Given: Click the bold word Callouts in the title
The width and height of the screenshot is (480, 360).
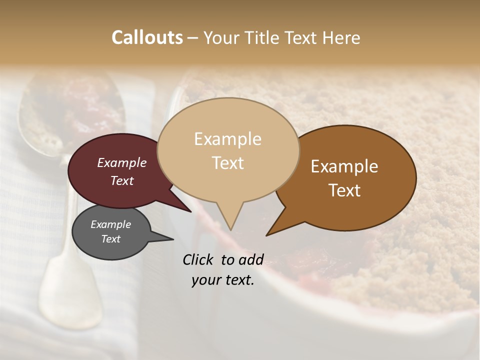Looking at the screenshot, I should (x=147, y=37).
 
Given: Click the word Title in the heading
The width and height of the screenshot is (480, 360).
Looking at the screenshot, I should (x=263, y=37).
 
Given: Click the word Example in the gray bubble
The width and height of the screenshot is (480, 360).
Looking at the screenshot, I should (x=110, y=224).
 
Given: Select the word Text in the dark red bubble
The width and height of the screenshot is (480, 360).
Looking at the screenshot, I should (x=122, y=180).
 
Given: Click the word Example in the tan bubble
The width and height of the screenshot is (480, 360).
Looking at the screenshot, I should (x=227, y=139).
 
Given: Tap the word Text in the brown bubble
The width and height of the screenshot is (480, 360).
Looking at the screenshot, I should (x=345, y=190).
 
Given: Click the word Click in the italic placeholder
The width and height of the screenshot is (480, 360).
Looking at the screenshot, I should (x=198, y=259).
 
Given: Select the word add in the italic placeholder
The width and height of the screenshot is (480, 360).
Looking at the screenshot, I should (x=251, y=259).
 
